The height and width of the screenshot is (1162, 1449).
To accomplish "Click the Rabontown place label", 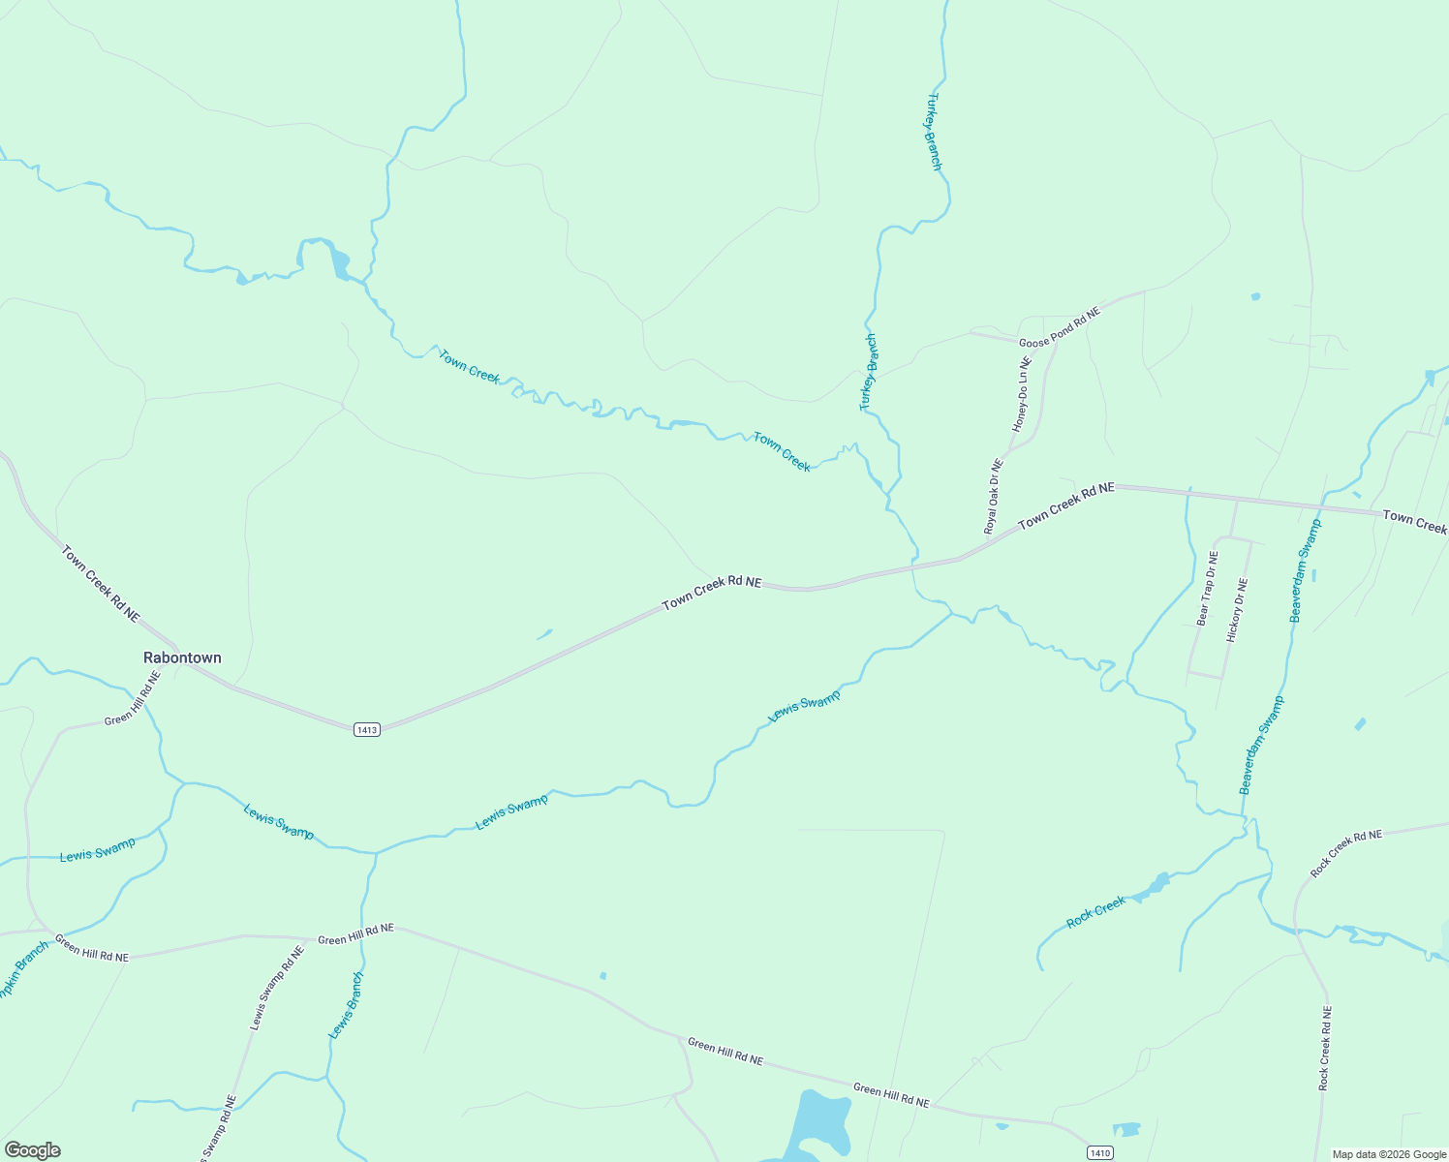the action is click(182, 657).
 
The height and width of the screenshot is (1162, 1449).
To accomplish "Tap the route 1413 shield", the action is click(367, 729).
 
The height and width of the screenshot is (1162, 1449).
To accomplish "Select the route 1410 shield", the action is click(1099, 1152).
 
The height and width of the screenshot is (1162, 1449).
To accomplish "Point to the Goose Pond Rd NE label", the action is click(1060, 328).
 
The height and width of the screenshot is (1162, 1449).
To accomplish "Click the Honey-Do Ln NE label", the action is click(1022, 394).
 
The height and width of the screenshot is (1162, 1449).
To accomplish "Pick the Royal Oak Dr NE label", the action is click(994, 497).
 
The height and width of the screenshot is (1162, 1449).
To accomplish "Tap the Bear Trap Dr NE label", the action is click(1207, 589).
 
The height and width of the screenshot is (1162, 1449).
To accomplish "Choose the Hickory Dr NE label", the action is click(1237, 610).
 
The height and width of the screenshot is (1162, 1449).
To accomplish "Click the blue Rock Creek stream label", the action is click(1096, 912).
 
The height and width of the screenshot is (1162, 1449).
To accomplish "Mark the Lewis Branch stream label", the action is click(346, 1006).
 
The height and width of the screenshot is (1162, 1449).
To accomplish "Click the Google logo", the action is click(32, 1150).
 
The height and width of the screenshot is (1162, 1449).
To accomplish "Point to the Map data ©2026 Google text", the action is click(1388, 1154).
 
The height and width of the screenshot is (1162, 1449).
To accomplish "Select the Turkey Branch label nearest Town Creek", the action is click(868, 373).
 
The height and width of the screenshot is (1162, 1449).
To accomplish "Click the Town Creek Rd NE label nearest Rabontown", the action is click(101, 584).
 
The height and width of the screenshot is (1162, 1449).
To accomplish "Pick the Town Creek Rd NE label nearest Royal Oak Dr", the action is click(1065, 505).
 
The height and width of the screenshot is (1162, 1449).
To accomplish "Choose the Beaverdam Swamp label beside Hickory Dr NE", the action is click(1305, 570).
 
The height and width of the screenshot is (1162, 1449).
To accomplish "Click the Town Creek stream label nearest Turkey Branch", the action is click(782, 451).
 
